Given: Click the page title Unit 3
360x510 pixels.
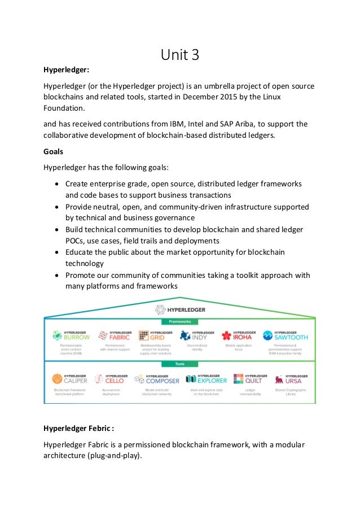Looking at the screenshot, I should [x=180, y=56].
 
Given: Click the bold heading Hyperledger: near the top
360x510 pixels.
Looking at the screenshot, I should [x=67, y=71].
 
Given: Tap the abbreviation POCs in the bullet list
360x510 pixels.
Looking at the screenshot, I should [x=76, y=240].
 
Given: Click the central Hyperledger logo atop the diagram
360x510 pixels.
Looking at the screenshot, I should [x=180, y=309].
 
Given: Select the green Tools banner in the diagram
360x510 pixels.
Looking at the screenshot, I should [x=179, y=364].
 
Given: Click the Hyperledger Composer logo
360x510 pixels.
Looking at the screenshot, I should [x=156, y=378].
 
